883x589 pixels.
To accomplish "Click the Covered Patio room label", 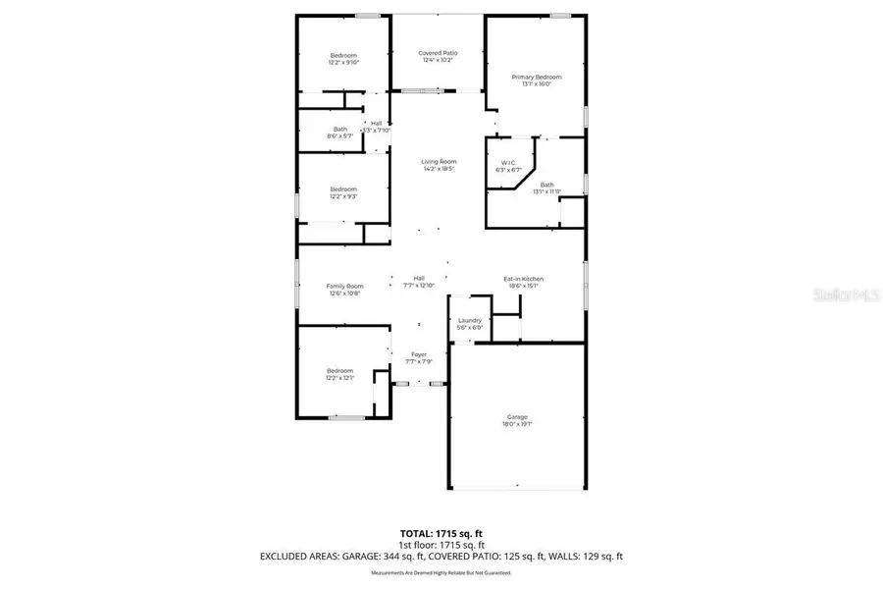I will tap(438, 53).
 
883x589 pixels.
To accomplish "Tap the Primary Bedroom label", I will tap(537, 77).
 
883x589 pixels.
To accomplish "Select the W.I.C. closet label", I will tap(508, 163).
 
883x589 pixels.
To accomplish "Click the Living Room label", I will tap(440, 162).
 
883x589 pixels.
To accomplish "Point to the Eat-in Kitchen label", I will tap(523, 279).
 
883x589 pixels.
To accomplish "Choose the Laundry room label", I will tap(470, 320).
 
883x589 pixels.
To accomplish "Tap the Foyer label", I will tap(419, 354).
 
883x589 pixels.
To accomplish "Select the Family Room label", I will tap(344, 286).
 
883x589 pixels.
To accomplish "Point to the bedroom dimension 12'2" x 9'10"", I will tap(343, 62).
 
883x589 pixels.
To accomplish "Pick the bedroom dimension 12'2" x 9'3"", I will tap(343, 196).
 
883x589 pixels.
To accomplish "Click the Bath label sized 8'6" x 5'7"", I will tap(340, 130).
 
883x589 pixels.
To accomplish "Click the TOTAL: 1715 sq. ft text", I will tap(441, 533).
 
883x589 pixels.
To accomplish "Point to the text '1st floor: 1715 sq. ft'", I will tap(441, 545).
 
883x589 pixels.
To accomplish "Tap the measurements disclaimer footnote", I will tap(441, 572).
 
